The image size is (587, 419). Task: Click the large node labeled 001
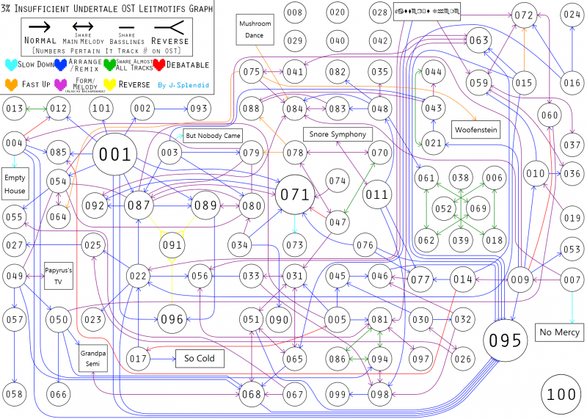coord(115,155)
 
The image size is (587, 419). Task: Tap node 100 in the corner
coord(562,394)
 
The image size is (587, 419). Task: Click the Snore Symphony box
coord(338,134)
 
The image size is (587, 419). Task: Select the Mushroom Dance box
coord(255,29)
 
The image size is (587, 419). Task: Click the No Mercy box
coord(560,331)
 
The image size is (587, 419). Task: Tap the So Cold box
coord(200,359)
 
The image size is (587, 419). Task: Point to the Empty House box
coord(15,184)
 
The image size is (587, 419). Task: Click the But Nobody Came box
coord(213,136)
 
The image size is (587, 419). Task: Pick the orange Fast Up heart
coord(12,84)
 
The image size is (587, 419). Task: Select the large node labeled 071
coord(296,195)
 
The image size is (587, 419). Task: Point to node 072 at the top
coord(524,15)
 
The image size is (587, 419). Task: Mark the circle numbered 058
coord(15,394)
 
